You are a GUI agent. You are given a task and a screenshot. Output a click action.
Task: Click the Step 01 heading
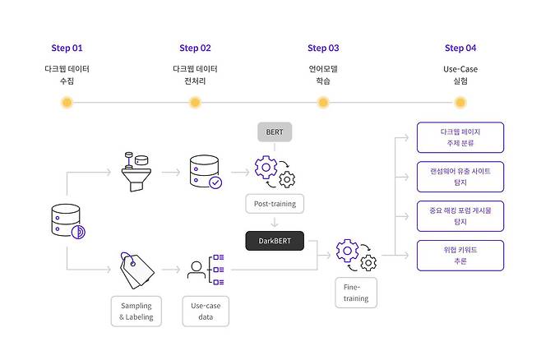click(x=67, y=48)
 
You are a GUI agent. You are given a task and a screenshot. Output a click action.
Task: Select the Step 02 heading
click(x=195, y=48)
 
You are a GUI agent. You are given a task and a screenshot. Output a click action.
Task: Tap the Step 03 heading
click(x=323, y=48)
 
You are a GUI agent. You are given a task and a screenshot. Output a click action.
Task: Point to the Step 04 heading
click(x=460, y=48)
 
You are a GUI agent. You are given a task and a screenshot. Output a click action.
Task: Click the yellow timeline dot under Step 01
click(x=67, y=103)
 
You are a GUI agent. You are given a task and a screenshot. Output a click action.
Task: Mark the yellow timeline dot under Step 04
click(x=460, y=103)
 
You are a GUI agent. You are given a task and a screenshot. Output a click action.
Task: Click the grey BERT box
click(x=275, y=132)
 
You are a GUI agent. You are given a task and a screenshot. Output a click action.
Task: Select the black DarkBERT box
click(x=275, y=241)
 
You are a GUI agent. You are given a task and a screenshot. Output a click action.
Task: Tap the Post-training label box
click(x=275, y=203)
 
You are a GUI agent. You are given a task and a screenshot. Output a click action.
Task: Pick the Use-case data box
click(x=205, y=312)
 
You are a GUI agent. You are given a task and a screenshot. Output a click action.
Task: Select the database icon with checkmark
click(x=205, y=172)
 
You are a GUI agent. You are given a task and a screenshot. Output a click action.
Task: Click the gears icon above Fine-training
click(x=356, y=255)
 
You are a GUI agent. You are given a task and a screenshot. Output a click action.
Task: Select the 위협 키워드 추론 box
click(x=460, y=256)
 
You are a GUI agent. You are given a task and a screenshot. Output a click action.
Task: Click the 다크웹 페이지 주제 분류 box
click(x=460, y=137)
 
